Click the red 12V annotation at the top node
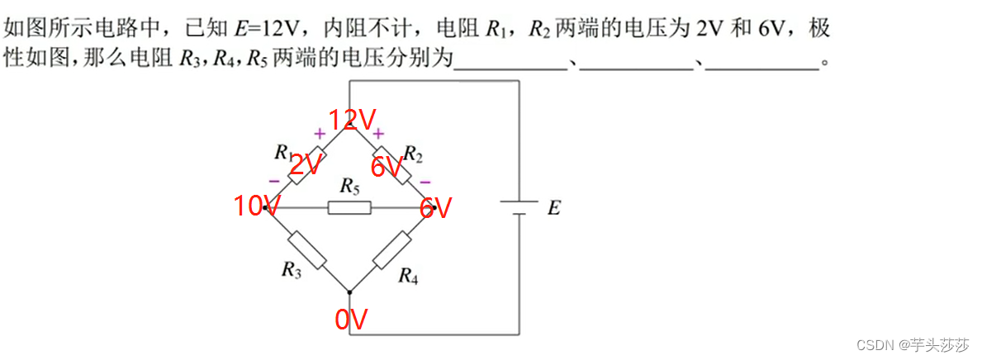(x=353, y=121)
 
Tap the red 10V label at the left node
(x=257, y=206)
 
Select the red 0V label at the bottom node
(x=351, y=320)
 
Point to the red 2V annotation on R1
(x=305, y=165)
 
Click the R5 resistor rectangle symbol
(x=349, y=207)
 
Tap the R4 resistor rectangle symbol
(x=391, y=249)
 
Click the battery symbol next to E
(x=519, y=207)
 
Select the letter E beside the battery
(x=553, y=208)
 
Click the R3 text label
(x=292, y=269)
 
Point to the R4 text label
(x=408, y=276)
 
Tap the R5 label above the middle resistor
(x=349, y=187)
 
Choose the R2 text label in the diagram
(x=413, y=153)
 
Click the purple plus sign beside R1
(x=319, y=133)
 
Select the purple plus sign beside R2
(x=378, y=133)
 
